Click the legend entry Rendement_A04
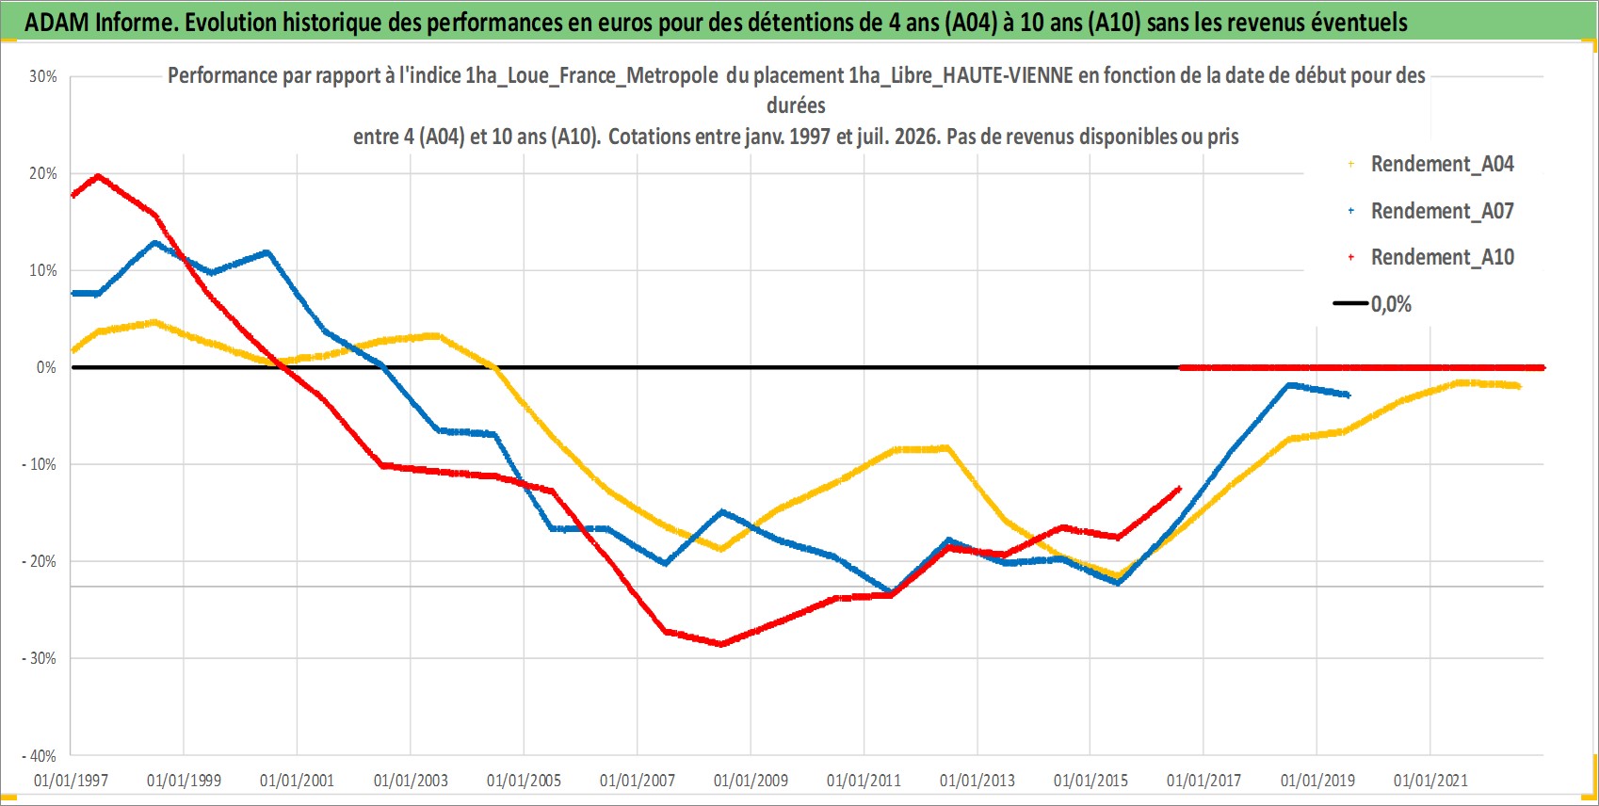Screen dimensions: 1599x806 (x=1432, y=164)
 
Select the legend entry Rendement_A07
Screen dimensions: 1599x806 (x=1432, y=211)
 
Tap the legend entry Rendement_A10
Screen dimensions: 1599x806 (x=1432, y=257)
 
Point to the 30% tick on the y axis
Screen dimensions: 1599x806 (x=42, y=76)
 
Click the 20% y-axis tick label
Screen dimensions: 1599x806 (x=42, y=173)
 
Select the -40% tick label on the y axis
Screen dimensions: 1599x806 (x=39, y=755)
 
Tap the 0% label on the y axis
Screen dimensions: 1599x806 (x=46, y=367)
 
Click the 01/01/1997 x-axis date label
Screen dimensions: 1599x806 (x=71, y=781)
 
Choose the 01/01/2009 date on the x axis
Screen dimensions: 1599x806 (x=751, y=781)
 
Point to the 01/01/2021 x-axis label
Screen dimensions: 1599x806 (x=1430, y=781)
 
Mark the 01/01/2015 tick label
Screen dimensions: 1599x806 (x=1090, y=781)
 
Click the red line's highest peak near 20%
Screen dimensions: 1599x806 (x=98, y=176)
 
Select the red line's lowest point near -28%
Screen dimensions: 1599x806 (x=721, y=644)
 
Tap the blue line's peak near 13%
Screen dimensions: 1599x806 (x=154, y=244)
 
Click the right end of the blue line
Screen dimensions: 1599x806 (x=1348, y=395)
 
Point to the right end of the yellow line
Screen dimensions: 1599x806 (x=1519, y=386)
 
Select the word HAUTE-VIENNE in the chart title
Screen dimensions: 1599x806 (x=1007, y=75)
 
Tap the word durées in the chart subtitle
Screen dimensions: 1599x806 (x=796, y=105)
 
